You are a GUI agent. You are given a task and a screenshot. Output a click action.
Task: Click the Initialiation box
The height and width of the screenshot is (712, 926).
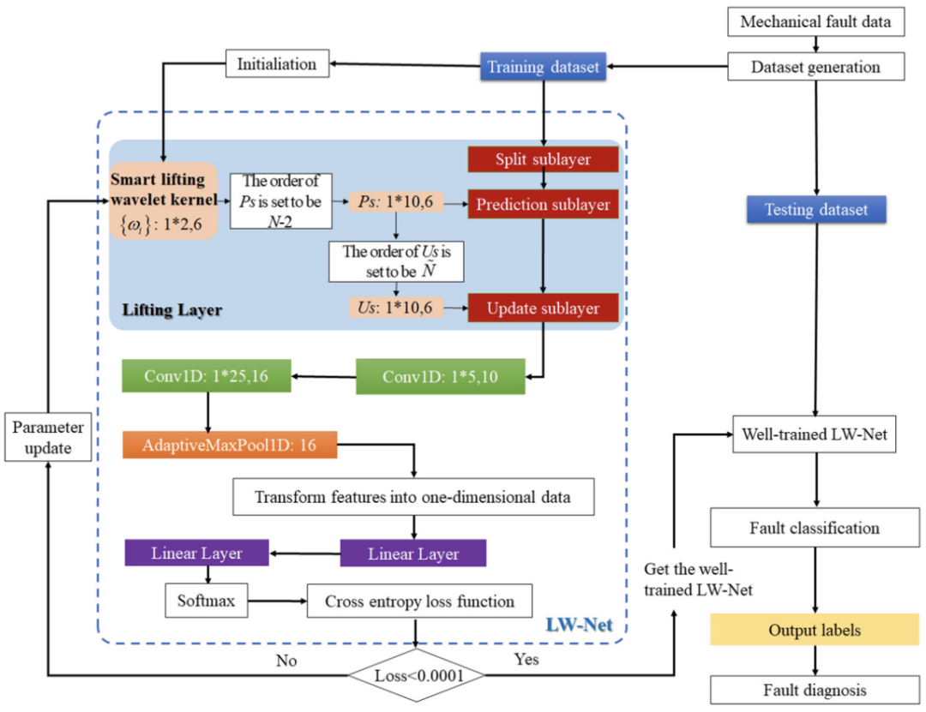(x=277, y=64)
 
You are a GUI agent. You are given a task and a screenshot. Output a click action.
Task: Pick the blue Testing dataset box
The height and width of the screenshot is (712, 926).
(x=815, y=209)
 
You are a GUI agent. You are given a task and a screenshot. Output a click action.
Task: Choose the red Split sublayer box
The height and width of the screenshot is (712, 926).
(x=543, y=160)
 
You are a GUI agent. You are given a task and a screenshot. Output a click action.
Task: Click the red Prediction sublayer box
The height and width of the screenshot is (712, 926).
(x=543, y=206)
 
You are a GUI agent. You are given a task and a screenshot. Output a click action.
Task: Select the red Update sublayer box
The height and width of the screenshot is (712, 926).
(x=543, y=307)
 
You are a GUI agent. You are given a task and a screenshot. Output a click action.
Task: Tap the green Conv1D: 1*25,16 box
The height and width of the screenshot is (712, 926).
(x=207, y=374)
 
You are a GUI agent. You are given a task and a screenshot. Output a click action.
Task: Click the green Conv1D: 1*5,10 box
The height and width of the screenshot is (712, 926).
(x=440, y=375)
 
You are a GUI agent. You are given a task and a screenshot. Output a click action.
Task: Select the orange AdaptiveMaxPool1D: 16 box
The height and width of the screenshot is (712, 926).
(x=230, y=446)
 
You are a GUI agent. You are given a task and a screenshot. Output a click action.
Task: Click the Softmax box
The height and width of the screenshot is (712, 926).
(x=200, y=601)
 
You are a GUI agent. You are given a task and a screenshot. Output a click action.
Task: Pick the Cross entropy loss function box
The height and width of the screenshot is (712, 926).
(x=419, y=601)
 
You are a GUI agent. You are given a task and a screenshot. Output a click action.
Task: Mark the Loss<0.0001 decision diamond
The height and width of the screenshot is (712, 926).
(x=418, y=674)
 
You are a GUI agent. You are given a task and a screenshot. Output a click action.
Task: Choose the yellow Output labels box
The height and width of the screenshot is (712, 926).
(x=815, y=630)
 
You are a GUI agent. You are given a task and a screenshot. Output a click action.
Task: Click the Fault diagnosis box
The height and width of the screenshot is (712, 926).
(x=815, y=689)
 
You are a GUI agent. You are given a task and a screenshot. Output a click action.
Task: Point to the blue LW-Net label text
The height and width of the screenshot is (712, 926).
(x=579, y=625)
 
